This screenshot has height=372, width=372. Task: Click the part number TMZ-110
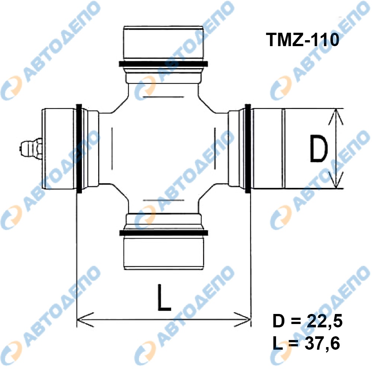(303, 40)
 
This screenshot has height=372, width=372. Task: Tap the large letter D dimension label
(319, 149)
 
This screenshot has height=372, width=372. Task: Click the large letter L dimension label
(164, 298)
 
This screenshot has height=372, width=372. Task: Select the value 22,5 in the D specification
(324, 321)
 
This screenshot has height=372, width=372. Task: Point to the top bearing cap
(163, 43)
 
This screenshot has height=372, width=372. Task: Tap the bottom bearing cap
(164, 253)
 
